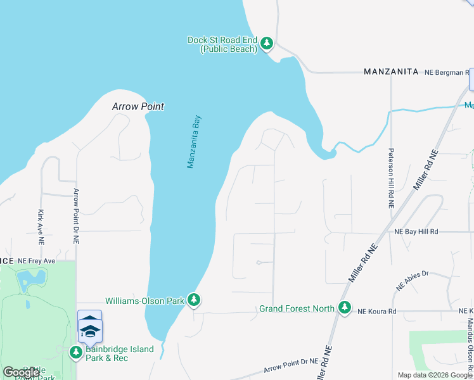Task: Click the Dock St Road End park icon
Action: (x=267, y=44)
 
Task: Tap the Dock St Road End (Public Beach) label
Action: (x=222, y=44)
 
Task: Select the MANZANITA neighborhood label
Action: (x=391, y=72)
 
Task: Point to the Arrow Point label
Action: (x=138, y=106)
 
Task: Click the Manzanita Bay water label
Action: (x=194, y=141)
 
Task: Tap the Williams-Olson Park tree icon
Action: (x=194, y=300)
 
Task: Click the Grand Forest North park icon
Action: (x=345, y=308)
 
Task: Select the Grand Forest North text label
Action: (x=297, y=309)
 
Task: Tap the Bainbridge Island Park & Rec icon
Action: (x=76, y=351)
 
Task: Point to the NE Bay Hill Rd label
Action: (x=415, y=232)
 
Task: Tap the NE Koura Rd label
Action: (x=376, y=312)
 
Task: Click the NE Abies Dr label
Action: (x=413, y=280)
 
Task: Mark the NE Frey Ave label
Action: (x=37, y=261)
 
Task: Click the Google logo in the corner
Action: (x=21, y=372)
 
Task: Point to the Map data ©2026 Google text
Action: (x=435, y=375)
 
